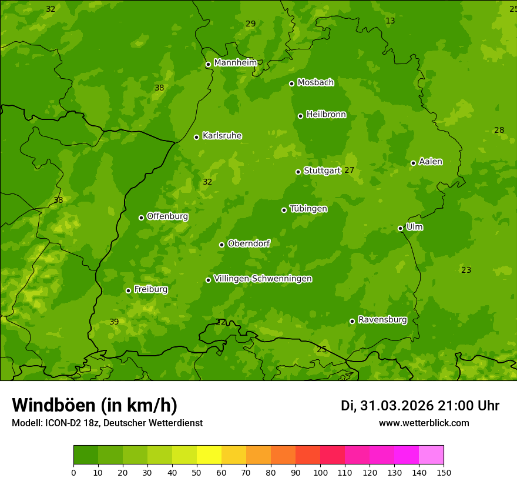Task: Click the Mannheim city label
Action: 235,63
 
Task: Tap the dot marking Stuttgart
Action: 298,172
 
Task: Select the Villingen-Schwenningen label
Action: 263,279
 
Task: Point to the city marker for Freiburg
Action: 128,290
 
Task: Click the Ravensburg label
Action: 382,320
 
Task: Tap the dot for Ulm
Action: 400,228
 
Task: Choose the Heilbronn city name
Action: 326,115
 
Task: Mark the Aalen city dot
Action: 413,163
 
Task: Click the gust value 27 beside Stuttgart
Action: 349,171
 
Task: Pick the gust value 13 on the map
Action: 390,21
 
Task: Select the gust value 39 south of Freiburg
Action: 114,322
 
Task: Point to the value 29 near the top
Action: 251,24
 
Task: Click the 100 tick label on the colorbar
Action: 320,473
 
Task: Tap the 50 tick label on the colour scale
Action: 197,473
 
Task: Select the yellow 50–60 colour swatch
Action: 209,455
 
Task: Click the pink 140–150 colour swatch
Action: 431,455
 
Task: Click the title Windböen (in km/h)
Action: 95,405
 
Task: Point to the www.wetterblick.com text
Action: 424,423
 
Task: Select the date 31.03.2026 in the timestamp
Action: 397,406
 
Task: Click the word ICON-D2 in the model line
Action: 62,423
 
